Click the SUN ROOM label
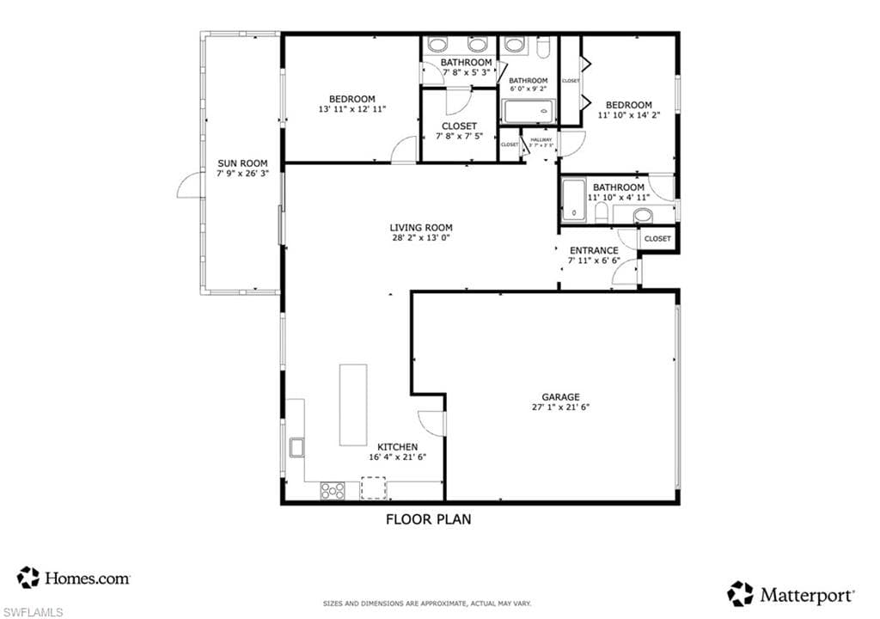(x=242, y=162)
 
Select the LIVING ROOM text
(x=420, y=228)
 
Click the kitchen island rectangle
(x=353, y=405)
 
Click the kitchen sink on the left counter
(x=296, y=447)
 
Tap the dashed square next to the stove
(x=373, y=489)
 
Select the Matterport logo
(x=791, y=593)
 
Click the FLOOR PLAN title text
(x=428, y=519)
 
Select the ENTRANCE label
(x=593, y=250)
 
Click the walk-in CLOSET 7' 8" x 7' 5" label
(x=459, y=126)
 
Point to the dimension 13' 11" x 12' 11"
(x=351, y=109)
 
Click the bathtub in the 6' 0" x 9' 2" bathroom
(x=529, y=112)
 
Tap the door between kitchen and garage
(x=432, y=421)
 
